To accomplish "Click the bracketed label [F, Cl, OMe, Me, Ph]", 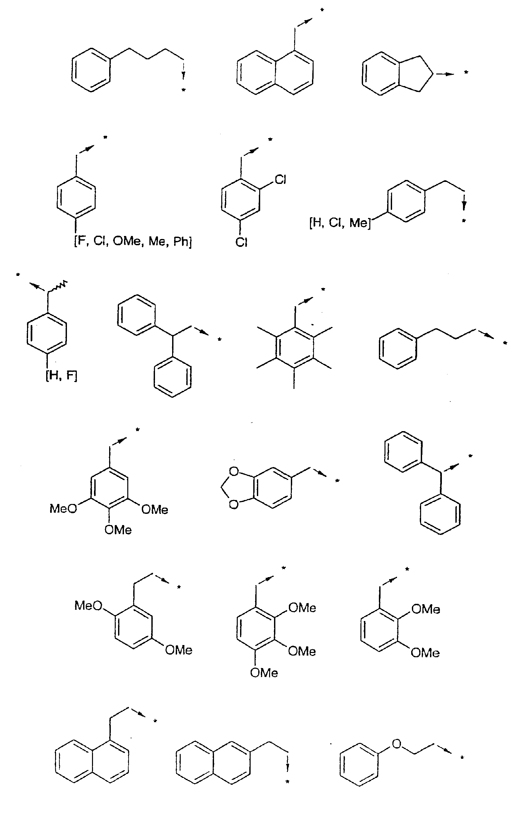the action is [x=133, y=242].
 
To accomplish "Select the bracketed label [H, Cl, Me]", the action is [x=340, y=223].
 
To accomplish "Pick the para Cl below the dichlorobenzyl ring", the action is [x=241, y=242].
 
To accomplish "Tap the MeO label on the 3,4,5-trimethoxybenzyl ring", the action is [x=63, y=509].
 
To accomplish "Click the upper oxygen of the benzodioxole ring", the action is [x=234, y=472].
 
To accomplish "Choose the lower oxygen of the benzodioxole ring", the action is [x=234, y=504].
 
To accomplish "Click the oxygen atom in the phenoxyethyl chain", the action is [x=396, y=744].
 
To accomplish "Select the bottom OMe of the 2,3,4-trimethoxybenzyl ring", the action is [x=264, y=673].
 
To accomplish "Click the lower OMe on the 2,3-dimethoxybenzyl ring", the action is [x=425, y=653].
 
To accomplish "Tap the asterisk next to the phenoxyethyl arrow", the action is [x=462, y=758].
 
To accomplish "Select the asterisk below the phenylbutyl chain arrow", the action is [x=183, y=90].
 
